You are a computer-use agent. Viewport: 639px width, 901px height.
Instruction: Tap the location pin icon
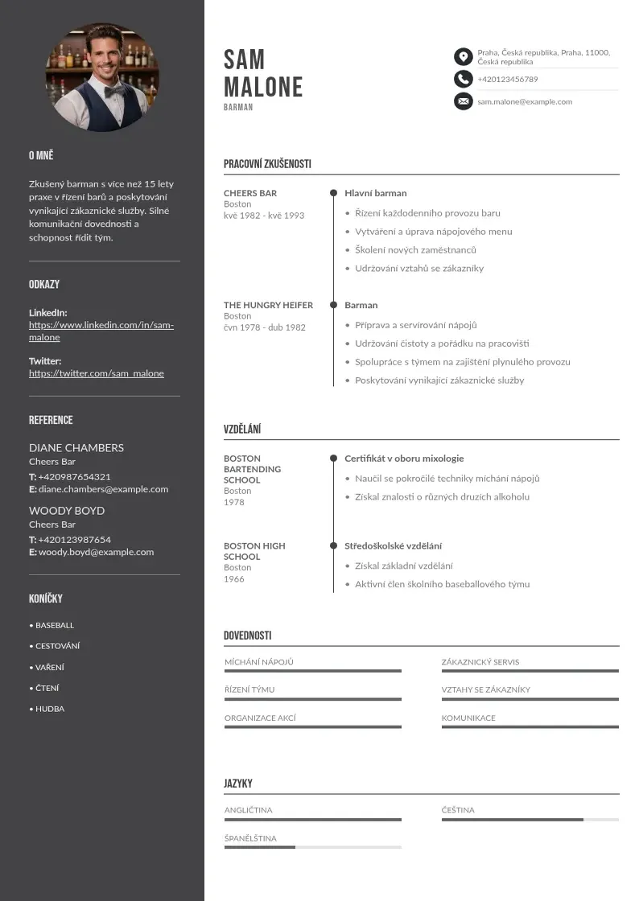point(463,56)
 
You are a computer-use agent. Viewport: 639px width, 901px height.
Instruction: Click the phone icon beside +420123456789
point(463,79)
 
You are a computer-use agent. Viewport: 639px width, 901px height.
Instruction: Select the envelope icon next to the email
point(463,101)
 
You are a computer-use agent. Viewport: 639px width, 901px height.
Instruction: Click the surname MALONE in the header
point(263,87)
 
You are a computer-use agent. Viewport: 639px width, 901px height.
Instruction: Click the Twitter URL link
point(97,373)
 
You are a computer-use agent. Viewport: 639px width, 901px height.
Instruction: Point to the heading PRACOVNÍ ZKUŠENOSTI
point(267,164)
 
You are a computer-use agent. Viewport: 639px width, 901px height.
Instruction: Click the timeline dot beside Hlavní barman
point(333,193)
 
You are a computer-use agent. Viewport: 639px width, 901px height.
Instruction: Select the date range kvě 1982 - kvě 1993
point(264,216)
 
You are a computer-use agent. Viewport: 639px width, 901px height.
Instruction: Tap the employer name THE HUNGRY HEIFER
point(268,305)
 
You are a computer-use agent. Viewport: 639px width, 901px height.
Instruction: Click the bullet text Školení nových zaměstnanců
point(415,250)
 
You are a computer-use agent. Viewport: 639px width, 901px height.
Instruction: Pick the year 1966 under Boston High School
point(233,579)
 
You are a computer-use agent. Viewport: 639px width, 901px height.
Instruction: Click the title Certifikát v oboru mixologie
point(404,459)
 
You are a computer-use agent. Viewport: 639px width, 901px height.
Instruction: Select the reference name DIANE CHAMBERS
point(76,447)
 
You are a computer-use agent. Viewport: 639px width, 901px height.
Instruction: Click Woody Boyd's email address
point(96,552)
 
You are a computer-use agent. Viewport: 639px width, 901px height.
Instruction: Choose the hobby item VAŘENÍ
point(50,667)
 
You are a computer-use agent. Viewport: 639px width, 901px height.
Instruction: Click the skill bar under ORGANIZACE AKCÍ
point(312,727)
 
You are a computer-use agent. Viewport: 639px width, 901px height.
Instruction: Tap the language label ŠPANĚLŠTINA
point(250,838)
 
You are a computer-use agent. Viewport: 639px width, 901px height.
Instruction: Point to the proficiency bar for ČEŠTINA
point(530,820)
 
